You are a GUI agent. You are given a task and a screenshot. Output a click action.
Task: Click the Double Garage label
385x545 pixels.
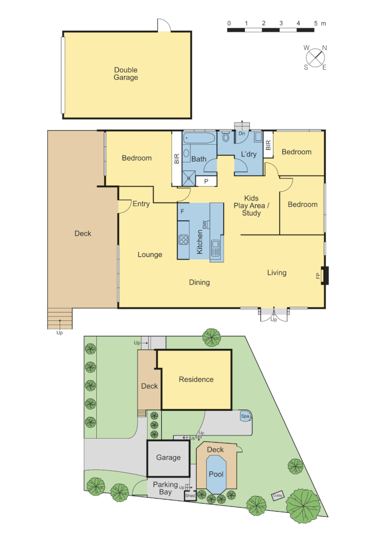tap(125, 74)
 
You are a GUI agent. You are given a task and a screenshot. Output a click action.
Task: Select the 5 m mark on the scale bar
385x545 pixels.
tap(316, 24)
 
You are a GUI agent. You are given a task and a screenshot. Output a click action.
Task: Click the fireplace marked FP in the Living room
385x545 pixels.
tap(325, 276)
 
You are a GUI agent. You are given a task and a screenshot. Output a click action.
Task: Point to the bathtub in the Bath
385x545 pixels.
tap(200, 138)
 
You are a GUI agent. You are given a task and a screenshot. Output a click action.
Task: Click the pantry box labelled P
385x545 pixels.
tap(206, 181)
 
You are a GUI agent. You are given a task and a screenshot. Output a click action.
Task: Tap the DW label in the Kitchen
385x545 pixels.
tap(205, 225)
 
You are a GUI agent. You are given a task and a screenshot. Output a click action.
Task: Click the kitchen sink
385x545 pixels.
tap(215, 248)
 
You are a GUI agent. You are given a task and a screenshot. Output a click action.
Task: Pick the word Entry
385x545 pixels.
tap(141, 204)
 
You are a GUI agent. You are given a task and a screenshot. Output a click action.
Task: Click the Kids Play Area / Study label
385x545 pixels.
tap(251, 206)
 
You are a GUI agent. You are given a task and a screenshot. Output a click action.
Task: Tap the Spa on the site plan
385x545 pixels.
tap(245, 416)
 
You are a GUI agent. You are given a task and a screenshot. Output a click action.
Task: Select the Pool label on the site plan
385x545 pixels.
tap(217, 474)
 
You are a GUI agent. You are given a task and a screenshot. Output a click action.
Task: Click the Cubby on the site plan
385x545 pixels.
tap(277, 496)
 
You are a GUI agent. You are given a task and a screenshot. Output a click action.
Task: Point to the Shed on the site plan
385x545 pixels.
tap(190, 496)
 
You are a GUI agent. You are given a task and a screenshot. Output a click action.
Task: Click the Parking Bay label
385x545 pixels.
tap(165, 488)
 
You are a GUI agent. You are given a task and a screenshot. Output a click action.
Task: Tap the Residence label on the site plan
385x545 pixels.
tap(196, 379)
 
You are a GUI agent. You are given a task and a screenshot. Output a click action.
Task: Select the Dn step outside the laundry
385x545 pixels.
tap(242, 132)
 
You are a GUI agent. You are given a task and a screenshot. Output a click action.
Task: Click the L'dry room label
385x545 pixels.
tap(249, 154)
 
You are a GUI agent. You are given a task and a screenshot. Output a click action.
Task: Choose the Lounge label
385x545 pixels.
tap(150, 254)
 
